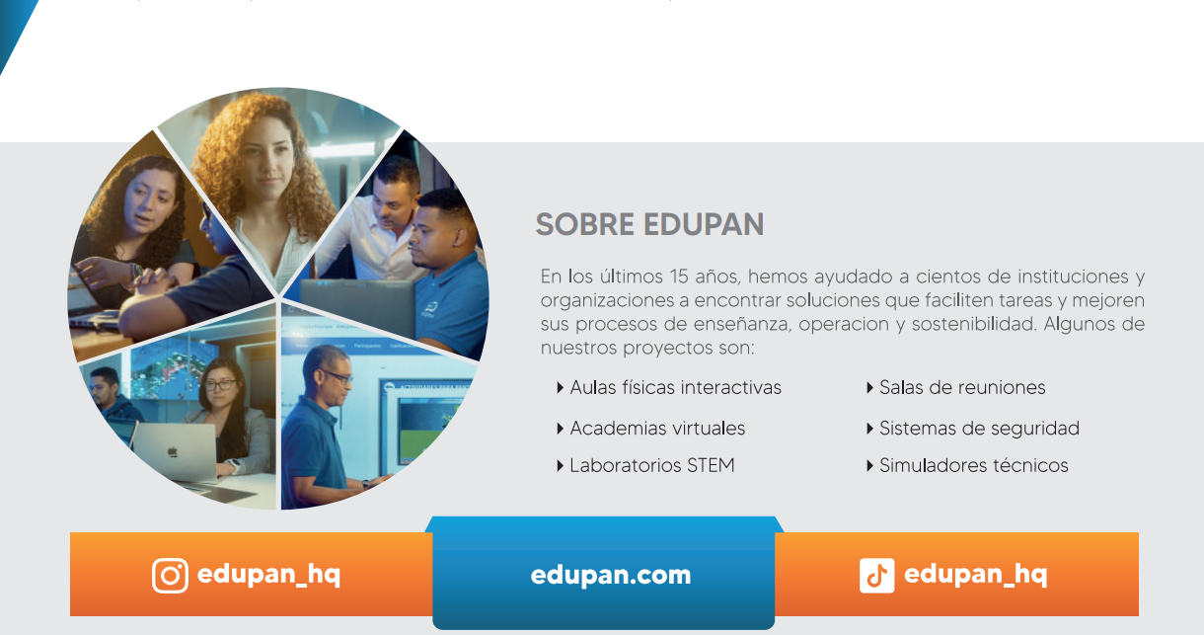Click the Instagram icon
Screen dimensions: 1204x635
[170, 576]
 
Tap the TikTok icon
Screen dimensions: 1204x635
[876, 576]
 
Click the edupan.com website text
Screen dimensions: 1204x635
[611, 576]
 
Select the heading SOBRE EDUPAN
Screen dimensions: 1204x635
[649, 224]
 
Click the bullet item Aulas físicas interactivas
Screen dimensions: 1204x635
[675, 387]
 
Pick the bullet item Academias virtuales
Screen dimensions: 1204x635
[657, 428]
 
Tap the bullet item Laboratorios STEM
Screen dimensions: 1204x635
[652, 465]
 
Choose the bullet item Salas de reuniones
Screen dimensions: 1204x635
[962, 387]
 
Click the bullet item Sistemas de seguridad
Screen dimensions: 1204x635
[979, 428]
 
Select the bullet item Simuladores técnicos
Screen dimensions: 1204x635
[973, 465]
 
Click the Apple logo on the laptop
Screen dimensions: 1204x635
[173, 451]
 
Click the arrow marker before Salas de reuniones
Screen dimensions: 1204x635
[869, 388]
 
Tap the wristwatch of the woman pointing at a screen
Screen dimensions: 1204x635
[136, 272]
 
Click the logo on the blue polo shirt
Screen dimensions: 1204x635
[429, 310]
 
